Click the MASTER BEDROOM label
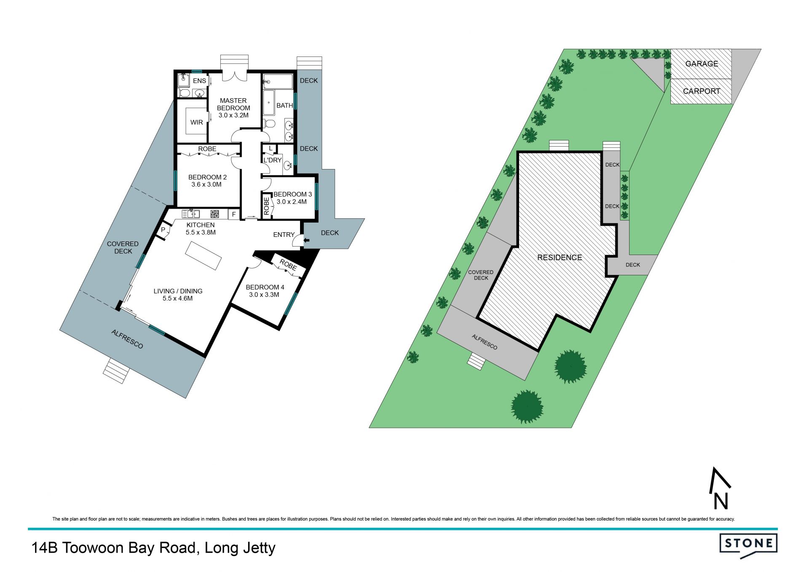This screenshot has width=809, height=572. (233, 104)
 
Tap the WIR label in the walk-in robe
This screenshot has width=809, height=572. (197, 122)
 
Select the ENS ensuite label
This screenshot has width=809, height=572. (200, 81)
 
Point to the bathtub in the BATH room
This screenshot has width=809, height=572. (269, 102)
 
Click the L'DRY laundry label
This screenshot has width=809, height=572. (273, 160)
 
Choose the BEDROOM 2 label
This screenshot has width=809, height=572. (207, 177)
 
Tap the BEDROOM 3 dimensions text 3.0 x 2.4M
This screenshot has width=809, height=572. (292, 201)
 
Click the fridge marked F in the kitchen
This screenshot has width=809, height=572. (234, 215)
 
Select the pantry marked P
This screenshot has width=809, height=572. (163, 230)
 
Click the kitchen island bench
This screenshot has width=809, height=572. (204, 255)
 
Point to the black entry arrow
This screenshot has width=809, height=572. (307, 240)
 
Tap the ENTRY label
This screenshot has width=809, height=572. (284, 235)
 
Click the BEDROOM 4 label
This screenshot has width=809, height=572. (265, 287)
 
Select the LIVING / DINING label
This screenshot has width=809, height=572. (178, 291)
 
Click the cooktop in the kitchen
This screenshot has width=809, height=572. (215, 214)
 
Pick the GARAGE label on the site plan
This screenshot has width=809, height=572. (702, 64)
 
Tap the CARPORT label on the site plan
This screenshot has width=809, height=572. (702, 91)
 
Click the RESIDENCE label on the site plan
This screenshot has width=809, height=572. (560, 258)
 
